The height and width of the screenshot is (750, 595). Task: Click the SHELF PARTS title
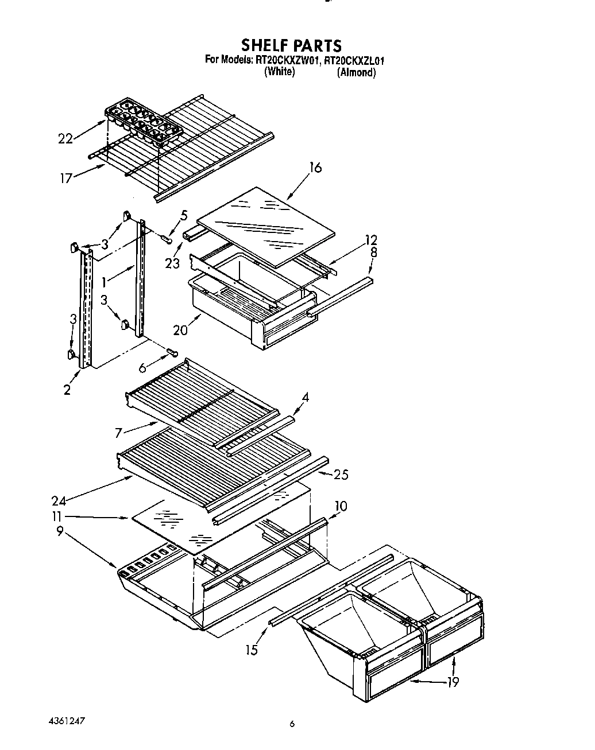(x=291, y=45)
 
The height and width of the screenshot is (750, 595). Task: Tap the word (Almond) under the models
(x=356, y=72)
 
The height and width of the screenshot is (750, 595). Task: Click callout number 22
(x=66, y=138)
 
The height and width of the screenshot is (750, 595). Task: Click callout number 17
(x=67, y=178)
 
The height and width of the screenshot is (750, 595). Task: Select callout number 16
(x=315, y=168)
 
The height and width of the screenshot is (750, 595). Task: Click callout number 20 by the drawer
(x=180, y=331)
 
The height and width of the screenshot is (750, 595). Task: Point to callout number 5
(x=184, y=215)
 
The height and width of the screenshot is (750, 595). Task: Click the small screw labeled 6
(x=172, y=352)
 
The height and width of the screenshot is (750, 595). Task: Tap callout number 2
(x=68, y=391)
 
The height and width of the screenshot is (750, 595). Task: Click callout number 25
(x=341, y=475)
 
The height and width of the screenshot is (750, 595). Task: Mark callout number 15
(x=251, y=650)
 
